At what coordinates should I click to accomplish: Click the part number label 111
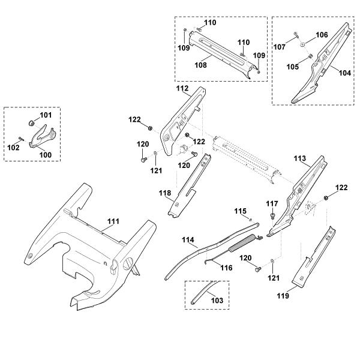tap(113, 221)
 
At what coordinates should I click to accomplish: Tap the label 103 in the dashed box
tap(217, 301)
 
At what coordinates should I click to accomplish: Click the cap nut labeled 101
tap(31, 123)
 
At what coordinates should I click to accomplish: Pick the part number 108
tap(200, 65)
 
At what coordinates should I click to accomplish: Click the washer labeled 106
tap(302, 44)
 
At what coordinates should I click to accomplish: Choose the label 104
tap(345, 73)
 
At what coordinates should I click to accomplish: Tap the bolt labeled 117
tap(272, 216)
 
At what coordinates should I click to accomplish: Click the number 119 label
tap(283, 296)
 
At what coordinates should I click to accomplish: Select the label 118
tap(165, 193)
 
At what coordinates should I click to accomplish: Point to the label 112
tap(182, 88)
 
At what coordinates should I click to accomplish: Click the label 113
tap(300, 158)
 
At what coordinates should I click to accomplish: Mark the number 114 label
tap(188, 240)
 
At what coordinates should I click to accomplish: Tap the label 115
tap(241, 211)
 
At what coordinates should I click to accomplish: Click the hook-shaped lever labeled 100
tap(43, 136)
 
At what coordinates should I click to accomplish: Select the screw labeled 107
tap(296, 35)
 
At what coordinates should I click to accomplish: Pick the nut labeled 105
tap(311, 56)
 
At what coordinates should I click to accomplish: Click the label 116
tap(226, 268)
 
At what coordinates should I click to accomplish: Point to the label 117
tap(272, 203)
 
